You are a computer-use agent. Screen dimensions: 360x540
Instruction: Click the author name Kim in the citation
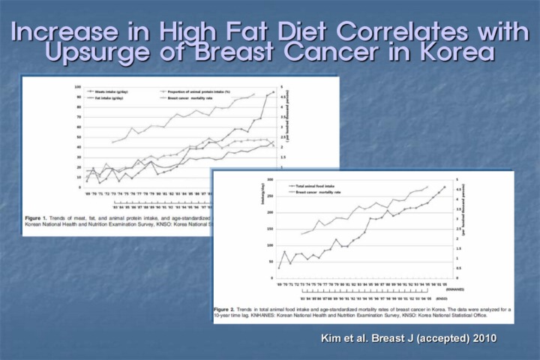click(333, 338)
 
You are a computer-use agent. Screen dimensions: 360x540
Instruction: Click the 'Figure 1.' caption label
click(39, 215)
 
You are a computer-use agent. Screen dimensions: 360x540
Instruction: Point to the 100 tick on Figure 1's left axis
click(77, 87)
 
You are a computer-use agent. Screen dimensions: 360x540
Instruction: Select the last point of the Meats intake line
click(274, 92)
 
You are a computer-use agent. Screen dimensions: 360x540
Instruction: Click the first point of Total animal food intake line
click(279, 268)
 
